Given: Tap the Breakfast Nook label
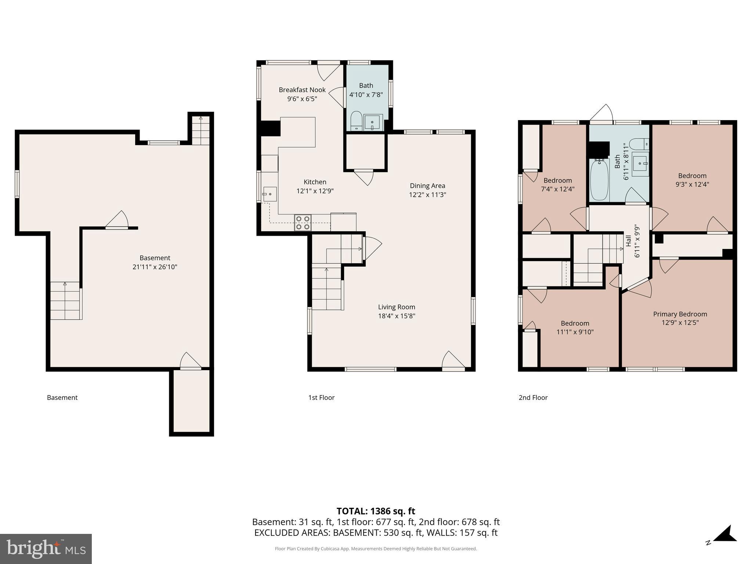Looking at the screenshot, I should point(302,90).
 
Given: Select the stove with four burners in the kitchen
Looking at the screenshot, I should point(303,223).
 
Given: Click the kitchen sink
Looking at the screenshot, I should point(270,194).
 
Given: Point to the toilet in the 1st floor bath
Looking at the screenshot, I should point(356,121).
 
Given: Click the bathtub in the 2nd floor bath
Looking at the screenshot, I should point(599,180).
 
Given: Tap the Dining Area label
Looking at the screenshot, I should point(427,186).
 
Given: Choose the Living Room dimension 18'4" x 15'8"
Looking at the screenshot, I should point(397,316).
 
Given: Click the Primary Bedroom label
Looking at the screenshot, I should point(680,314).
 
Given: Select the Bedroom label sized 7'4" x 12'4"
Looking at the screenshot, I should point(557,180).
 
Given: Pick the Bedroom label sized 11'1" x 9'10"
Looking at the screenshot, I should point(575,323).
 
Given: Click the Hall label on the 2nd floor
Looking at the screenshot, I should point(629,241).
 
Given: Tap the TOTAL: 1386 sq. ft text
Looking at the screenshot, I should point(376,511).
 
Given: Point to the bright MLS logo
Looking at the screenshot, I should point(46,549).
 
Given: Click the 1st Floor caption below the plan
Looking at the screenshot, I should point(321,397).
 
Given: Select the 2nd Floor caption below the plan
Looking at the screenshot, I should point(533,397).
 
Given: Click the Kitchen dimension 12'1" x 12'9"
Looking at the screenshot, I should point(315,191).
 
